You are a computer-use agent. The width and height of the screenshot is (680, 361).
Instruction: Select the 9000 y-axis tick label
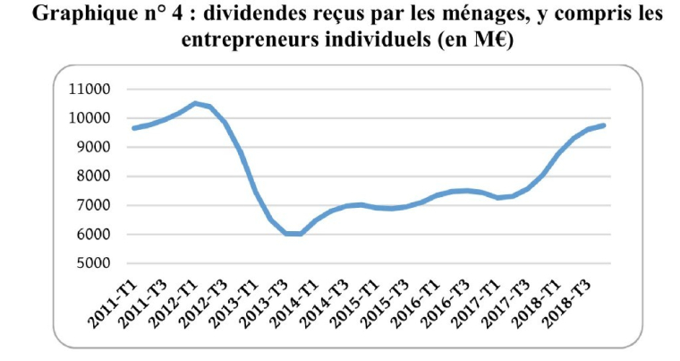tap(93, 148)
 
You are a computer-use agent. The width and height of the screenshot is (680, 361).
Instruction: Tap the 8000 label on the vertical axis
tap(93, 176)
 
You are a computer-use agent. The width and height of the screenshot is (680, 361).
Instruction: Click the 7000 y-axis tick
tap(93, 205)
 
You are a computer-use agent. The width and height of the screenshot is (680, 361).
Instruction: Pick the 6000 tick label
tap(93, 235)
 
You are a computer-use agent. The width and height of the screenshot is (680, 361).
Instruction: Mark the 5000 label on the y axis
tap(93, 263)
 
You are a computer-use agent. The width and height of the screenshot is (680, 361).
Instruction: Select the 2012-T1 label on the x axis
tap(171, 301)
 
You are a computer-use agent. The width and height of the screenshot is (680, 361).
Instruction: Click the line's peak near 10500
tap(195, 103)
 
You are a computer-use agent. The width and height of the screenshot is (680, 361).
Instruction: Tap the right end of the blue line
tap(605, 125)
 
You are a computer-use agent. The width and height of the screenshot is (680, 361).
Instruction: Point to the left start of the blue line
tap(133, 128)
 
